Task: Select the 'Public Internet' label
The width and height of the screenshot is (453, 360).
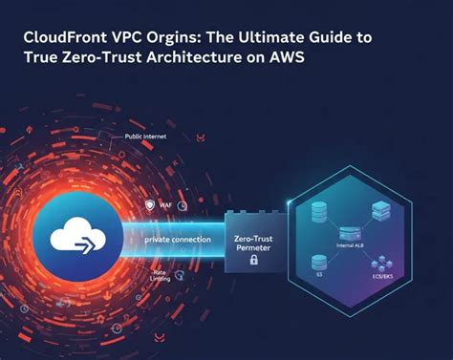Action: [146, 138]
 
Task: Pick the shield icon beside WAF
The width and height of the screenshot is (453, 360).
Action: [151, 204]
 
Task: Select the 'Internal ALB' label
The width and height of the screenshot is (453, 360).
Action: [353, 245]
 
